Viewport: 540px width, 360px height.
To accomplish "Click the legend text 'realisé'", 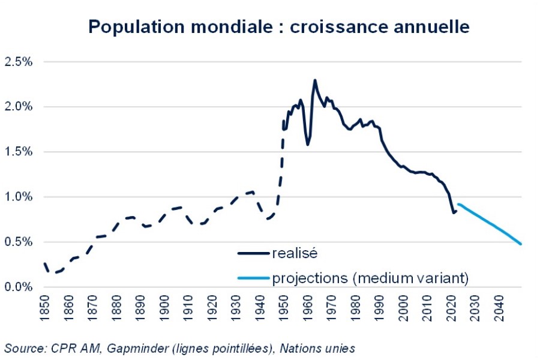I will pyautogui.click(x=295, y=253).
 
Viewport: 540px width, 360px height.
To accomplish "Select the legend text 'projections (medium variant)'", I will pyautogui.click(x=370, y=278).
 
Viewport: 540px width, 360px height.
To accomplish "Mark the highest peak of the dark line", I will pyautogui.click(x=315, y=80).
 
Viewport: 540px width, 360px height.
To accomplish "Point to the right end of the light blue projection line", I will pyautogui.click(x=521, y=244).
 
